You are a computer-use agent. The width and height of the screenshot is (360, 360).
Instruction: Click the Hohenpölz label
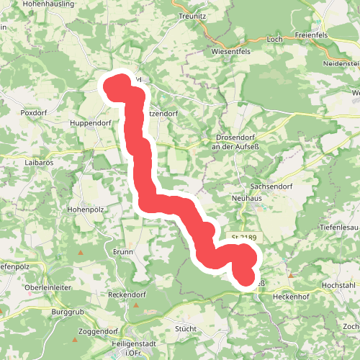86,210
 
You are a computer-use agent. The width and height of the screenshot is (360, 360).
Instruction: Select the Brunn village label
123,252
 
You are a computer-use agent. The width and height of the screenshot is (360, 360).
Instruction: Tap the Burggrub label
69,312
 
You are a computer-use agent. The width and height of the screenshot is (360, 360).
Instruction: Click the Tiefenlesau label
338,227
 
